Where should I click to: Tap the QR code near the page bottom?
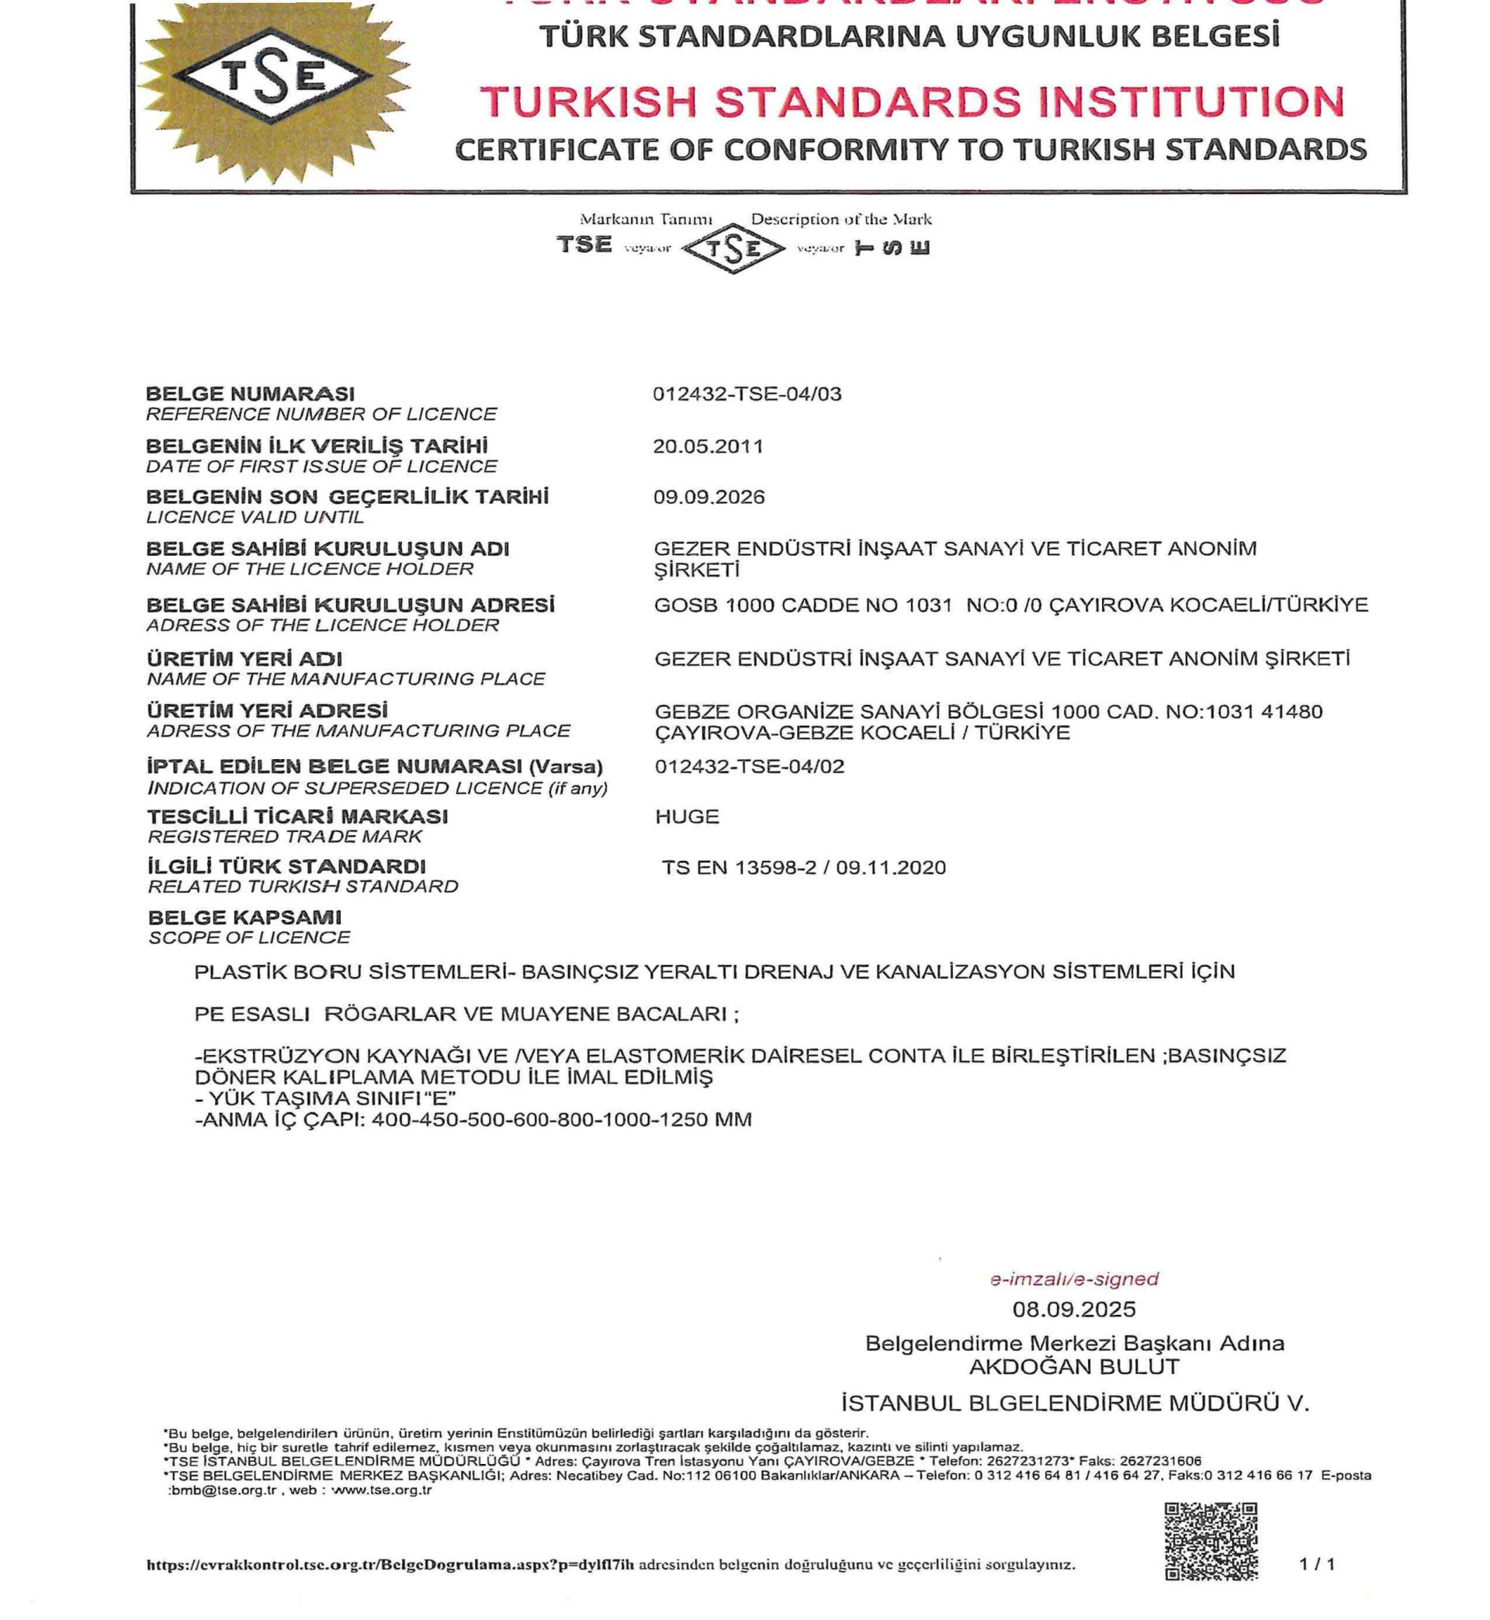click(x=1211, y=1541)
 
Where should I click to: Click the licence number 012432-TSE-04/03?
click(x=747, y=394)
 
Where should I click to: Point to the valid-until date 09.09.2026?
click(x=709, y=497)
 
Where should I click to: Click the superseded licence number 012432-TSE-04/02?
click(x=749, y=766)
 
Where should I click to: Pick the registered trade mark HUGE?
click(x=687, y=817)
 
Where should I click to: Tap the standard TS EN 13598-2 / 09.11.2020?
click(x=804, y=868)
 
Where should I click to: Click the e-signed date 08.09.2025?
click(x=1074, y=1309)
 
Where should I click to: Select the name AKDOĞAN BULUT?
click(x=1074, y=1367)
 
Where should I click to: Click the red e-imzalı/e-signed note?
click(x=1074, y=1279)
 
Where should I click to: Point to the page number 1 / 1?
click(x=1318, y=1564)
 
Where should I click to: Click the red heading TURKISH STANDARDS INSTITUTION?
click(x=912, y=102)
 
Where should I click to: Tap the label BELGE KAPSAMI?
click(x=244, y=918)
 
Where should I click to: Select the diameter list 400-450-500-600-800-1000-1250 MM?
click(x=562, y=1120)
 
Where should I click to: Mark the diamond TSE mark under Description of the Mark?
click(x=733, y=248)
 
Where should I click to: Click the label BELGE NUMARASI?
click(x=250, y=394)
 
